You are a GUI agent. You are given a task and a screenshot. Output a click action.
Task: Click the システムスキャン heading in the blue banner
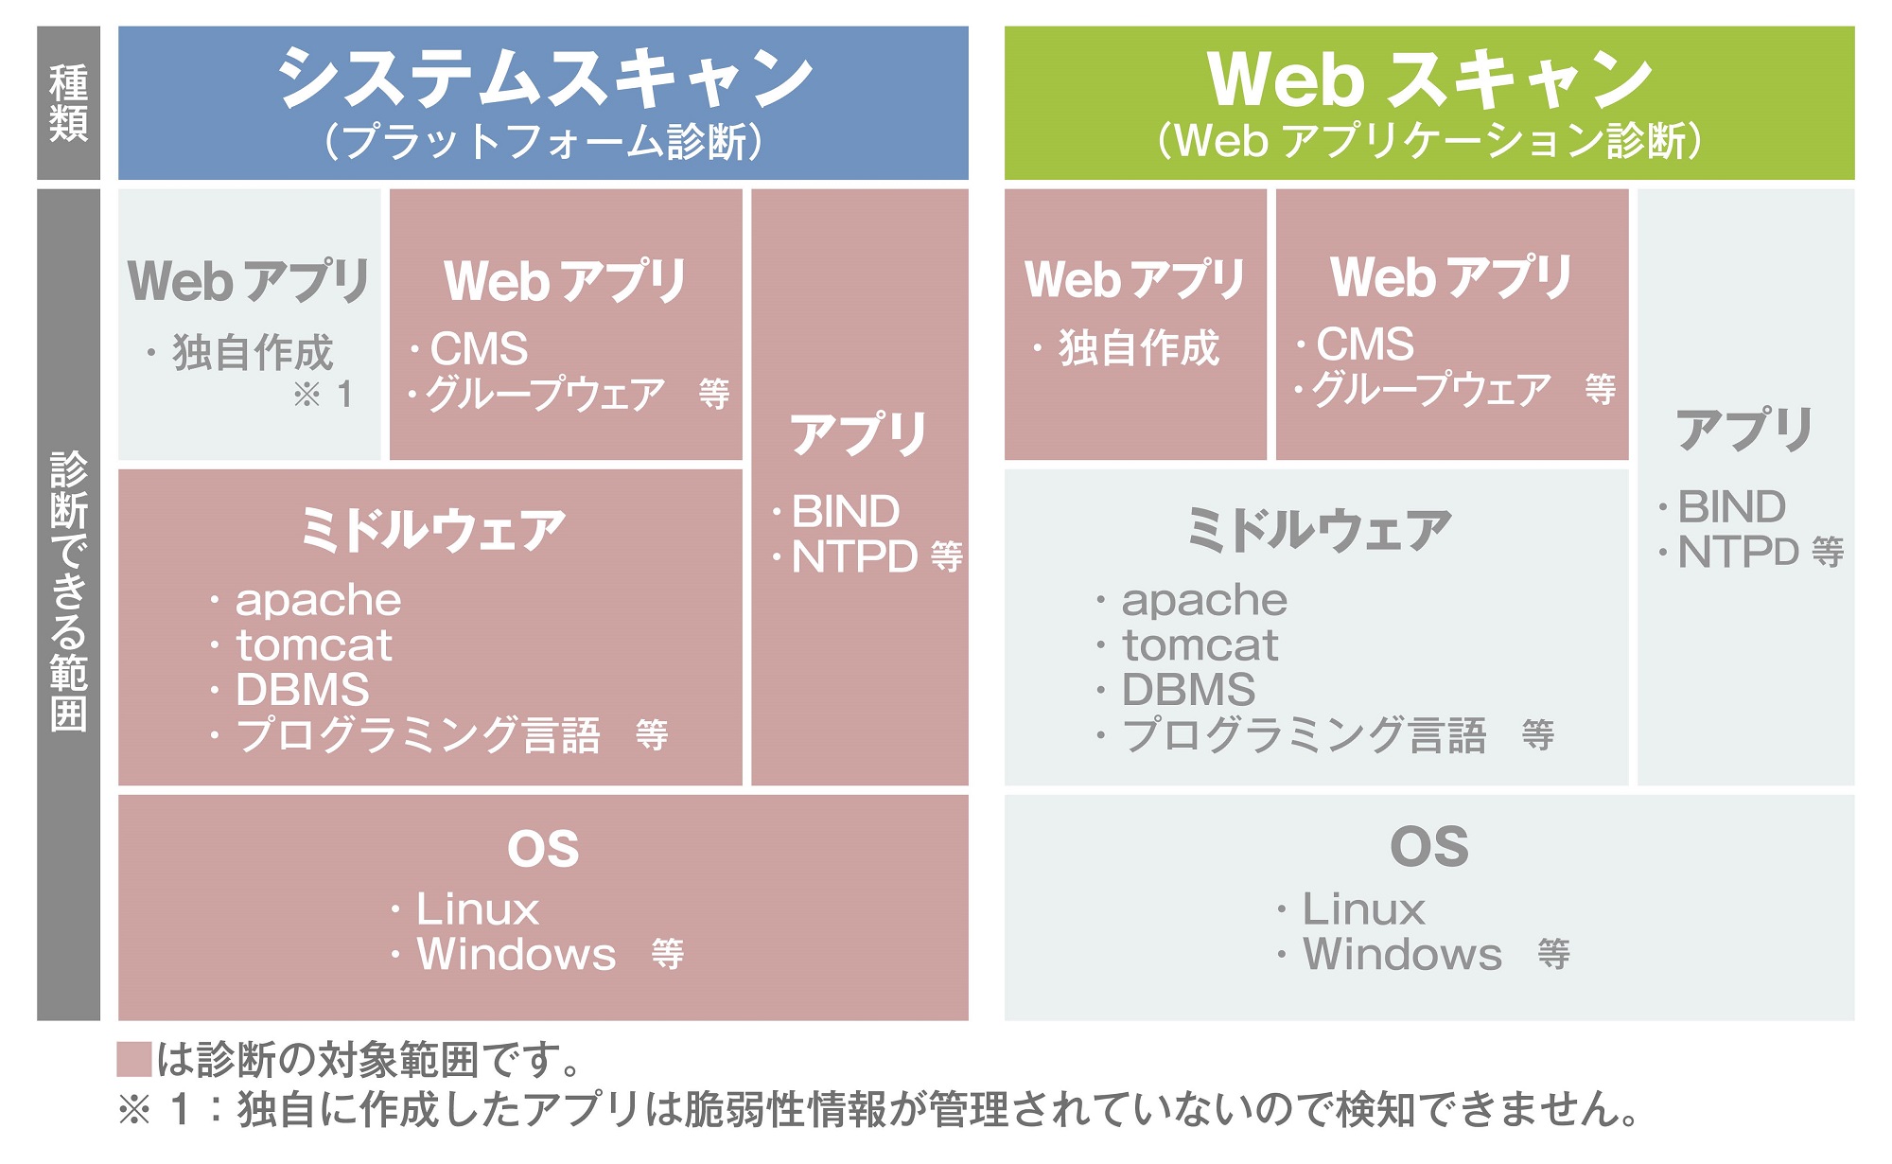pos(544,78)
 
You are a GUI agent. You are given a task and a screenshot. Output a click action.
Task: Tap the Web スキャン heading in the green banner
pos(1429,79)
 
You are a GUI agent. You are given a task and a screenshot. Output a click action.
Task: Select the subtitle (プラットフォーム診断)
pos(543,142)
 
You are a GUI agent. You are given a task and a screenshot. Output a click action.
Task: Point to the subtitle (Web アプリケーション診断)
pos(1429,142)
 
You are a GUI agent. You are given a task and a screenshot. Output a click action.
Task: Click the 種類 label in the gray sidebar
pos(68,102)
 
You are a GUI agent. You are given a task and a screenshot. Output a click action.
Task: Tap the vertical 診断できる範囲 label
pos(68,591)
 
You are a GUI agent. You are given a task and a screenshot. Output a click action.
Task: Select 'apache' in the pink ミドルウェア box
pos(318,600)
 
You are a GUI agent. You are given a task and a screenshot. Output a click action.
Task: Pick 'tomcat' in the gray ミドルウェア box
pos(1200,645)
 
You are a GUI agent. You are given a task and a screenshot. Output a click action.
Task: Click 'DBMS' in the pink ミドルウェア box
pos(302,690)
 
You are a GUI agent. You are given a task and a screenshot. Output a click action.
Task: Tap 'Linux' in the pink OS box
pos(478,909)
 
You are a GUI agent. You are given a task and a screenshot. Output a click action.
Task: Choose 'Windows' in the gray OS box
pos(1402,954)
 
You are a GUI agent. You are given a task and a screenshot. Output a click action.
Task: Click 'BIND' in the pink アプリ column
pos(845,512)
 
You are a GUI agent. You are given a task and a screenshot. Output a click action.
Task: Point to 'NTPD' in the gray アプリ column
pos(1738,553)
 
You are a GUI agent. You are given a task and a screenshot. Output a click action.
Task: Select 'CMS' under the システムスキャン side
pos(479,349)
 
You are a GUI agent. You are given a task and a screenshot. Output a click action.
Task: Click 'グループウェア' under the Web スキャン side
pos(1431,389)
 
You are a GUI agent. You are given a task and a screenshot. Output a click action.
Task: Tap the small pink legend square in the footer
pos(134,1059)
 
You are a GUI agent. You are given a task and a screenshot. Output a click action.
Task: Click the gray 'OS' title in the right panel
pos(1429,847)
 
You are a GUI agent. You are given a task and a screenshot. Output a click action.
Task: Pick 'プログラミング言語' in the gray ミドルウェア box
pos(1305,735)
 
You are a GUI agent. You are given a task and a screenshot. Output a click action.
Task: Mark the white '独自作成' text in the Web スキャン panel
pos(1139,348)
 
